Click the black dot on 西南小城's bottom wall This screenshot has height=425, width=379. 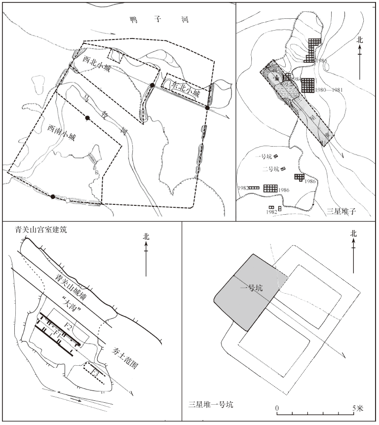(53, 197)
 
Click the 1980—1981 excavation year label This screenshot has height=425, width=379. (331, 90)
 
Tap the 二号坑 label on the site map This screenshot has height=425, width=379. (270, 169)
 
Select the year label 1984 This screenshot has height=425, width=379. (297, 78)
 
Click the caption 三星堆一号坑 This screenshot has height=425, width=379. (210, 404)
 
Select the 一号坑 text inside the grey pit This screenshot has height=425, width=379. (253, 289)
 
